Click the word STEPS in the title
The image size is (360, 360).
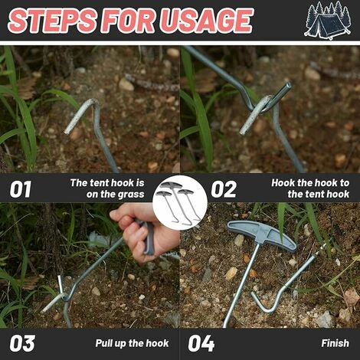[52, 21]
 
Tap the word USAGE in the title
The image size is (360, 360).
[207, 21]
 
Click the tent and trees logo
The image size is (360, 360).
[328, 21]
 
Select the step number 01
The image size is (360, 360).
[21, 189]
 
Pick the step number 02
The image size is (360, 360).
[224, 189]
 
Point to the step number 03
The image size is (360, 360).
[22, 343]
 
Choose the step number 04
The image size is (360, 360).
[201, 343]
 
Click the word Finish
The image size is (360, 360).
[335, 343]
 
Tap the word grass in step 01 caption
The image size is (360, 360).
[130, 195]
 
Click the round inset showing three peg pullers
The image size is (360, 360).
[180, 202]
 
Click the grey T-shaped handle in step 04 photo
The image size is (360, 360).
[262, 235]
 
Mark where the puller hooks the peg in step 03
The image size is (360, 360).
[64, 296]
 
